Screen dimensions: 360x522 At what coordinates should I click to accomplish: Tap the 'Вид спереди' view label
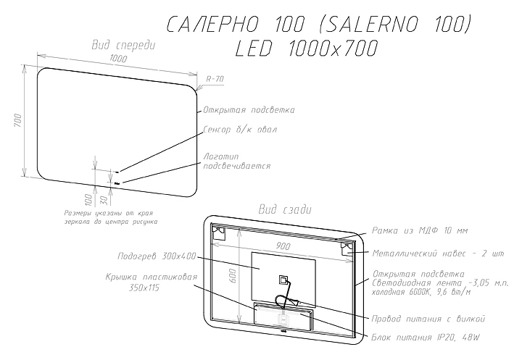point(123,45)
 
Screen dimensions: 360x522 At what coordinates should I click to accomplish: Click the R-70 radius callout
point(215,78)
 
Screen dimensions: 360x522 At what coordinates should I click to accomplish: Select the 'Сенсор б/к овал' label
point(240,129)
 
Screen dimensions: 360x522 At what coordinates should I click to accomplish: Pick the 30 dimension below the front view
point(104,198)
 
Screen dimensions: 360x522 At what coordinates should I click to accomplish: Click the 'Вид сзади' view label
point(285,210)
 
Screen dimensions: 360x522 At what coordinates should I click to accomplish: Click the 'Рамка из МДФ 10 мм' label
point(420,230)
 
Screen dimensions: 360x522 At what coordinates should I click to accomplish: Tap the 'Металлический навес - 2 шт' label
point(437,254)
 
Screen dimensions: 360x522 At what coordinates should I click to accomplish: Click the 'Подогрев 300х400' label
point(157,256)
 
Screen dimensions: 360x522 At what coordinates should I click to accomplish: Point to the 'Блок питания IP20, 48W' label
point(426,338)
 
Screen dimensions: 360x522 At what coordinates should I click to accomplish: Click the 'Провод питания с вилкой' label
point(428,319)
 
